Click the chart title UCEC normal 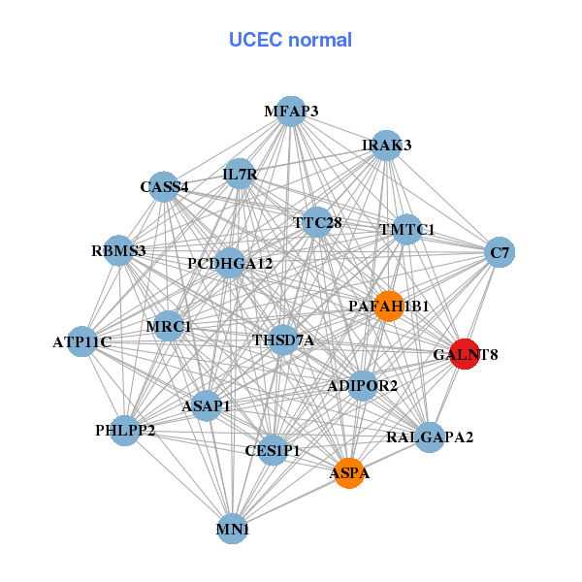[290, 40]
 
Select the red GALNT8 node [465, 354]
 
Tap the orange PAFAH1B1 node [388, 306]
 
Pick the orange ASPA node [349, 473]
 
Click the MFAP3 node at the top [291, 112]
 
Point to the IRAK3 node [387, 145]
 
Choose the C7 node [500, 253]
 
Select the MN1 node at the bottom [233, 530]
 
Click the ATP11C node [82, 341]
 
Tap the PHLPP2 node [125, 430]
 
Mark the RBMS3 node [118, 251]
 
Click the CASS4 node [165, 186]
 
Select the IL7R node [240, 175]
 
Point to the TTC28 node [317, 222]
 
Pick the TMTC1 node [406, 230]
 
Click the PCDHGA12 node [230, 263]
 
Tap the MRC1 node [169, 327]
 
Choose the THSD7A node [283, 339]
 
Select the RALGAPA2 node [430, 437]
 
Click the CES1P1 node [274, 450]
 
